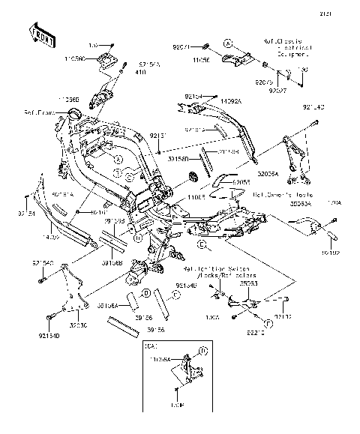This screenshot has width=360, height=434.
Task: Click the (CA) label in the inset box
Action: [x=151, y=348]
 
